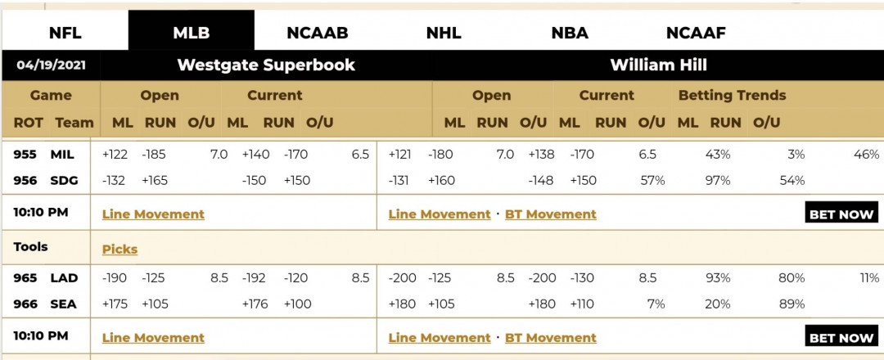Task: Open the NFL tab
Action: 65,33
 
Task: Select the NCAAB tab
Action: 318,33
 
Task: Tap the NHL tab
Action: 444,33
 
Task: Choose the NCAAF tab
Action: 696,33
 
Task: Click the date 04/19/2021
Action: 52,65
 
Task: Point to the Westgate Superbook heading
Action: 266,65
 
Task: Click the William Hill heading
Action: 658,65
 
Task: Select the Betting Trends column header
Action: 732,95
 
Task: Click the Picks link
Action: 120,249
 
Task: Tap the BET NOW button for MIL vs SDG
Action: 841,214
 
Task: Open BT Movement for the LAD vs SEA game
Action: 550,337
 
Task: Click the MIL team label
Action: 62,155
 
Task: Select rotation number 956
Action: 25,180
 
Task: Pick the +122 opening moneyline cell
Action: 115,155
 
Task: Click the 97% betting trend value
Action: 718,180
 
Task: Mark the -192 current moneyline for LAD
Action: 255,277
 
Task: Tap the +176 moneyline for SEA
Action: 255,304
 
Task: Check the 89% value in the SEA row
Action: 792,304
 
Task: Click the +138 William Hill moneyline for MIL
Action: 541,155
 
